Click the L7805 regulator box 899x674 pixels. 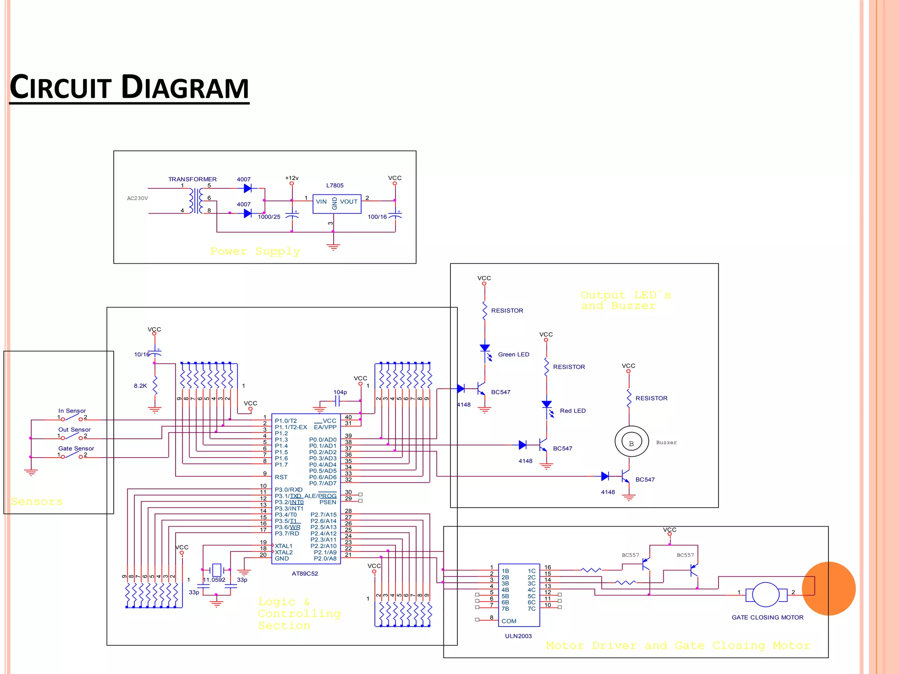(x=337, y=204)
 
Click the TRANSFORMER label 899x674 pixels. (x=192, y=179)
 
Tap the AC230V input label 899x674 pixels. (x=137, y=198)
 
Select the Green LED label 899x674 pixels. (x=513, y=355)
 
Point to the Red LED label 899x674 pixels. (x=572, y=411)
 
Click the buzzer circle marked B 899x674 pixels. (x=631, y=441)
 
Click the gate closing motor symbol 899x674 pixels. (x=766, y=595)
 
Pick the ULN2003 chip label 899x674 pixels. (x=518, y=636)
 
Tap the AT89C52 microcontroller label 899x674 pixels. (x=305, y=574)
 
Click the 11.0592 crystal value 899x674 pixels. (x=214, y=580)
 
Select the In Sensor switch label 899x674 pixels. (x=72, y=411)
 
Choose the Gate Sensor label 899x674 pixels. (x=76, y=448)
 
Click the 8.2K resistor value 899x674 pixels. (x=140, y=386)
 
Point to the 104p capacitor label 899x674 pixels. (x=340, y=392)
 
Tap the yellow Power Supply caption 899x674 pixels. (x=255, y=251)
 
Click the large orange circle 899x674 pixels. (x=828, y=588)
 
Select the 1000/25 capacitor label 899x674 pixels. (x=269, y=217)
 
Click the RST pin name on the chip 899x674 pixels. (x=281, y=477)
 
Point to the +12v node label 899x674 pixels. (x=291, y=178)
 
